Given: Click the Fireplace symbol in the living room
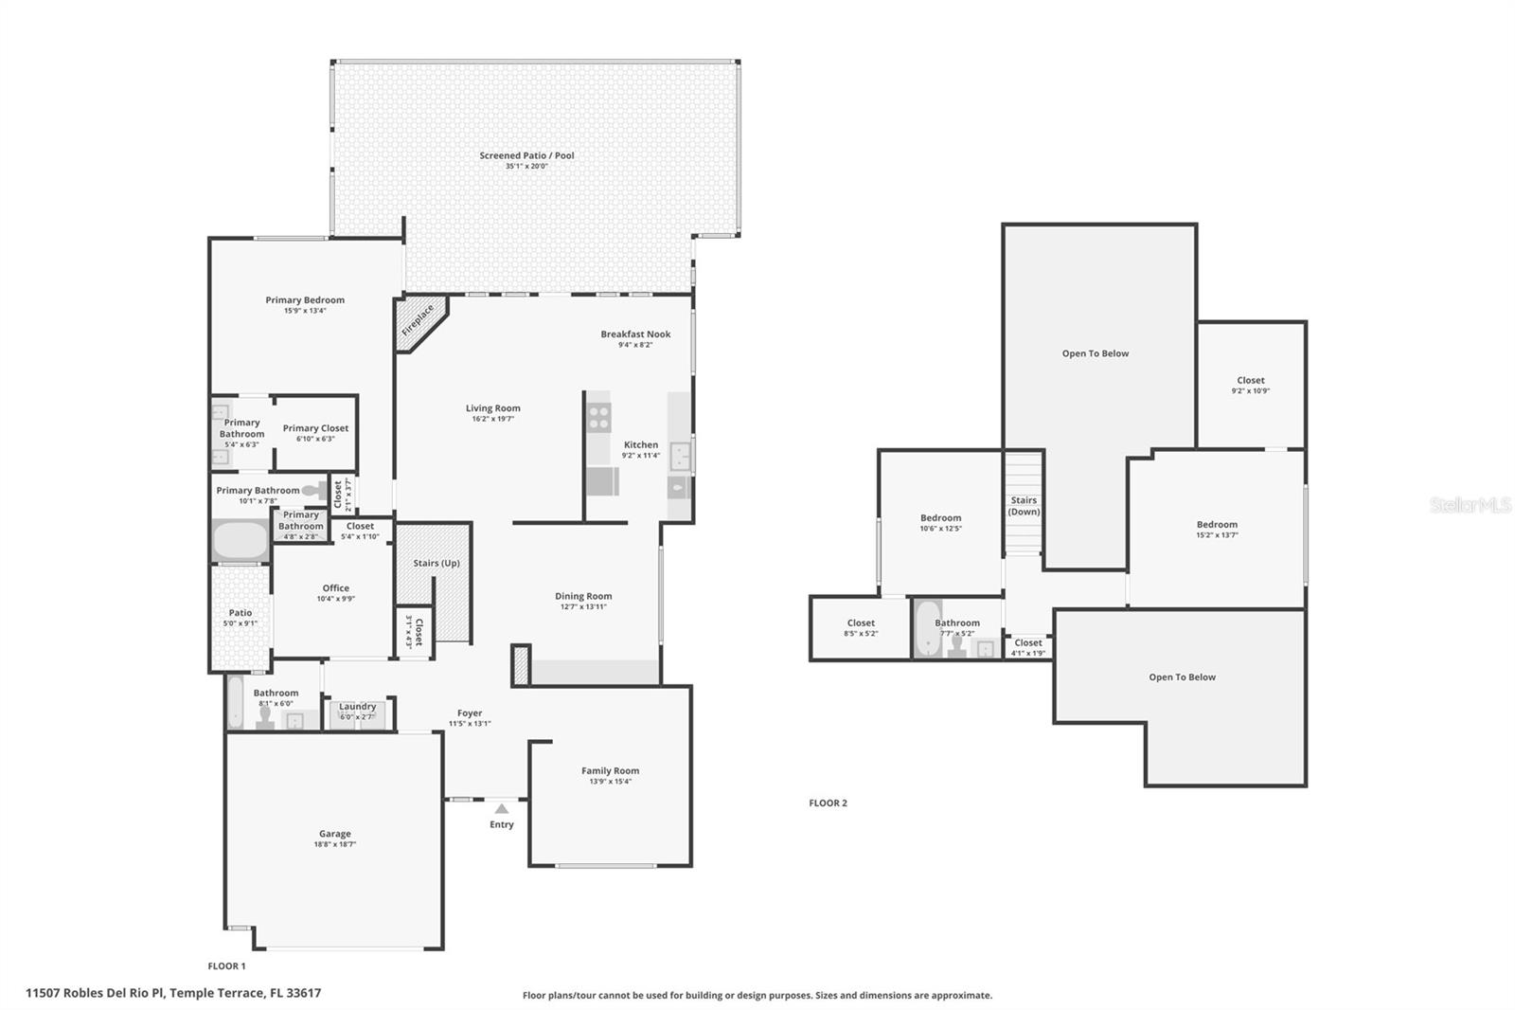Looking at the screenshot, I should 418,320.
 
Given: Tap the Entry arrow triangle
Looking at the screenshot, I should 502,808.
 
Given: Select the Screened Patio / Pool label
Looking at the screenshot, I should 526,155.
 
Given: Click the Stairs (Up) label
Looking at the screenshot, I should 437,563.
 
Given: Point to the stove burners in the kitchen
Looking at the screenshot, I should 598,417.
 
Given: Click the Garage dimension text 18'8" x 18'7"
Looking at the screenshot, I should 335,844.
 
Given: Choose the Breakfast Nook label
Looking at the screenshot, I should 635,334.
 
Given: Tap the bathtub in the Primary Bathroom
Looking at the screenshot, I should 241,540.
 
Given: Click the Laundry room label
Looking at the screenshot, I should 358,706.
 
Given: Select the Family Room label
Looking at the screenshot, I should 610,770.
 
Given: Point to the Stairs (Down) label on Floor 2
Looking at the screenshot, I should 1024,506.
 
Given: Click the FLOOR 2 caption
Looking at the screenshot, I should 828,803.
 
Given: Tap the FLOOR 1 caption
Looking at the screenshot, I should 226,965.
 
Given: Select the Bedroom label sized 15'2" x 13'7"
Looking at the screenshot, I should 1217,524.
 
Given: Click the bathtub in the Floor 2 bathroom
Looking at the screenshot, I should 927,628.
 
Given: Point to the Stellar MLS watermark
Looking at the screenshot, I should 1470,505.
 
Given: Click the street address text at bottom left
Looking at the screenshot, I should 173,993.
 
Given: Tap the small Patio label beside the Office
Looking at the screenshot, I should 241,613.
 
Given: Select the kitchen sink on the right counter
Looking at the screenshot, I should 680,457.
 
